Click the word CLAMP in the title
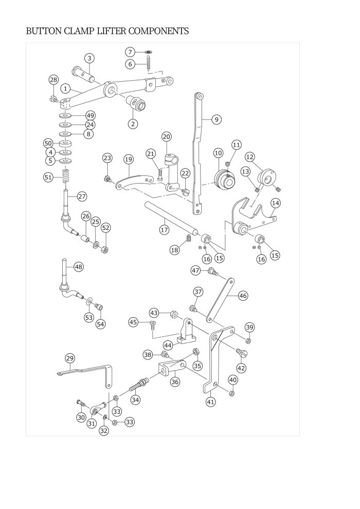79,31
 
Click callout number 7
130,52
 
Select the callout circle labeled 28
53,80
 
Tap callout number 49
90,116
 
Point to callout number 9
217,119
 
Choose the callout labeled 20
167,137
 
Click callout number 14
276,203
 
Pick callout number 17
164,230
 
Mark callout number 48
78,267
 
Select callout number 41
211,402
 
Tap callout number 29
70,358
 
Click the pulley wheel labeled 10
225,178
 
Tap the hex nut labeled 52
104,250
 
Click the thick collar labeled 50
66,143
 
